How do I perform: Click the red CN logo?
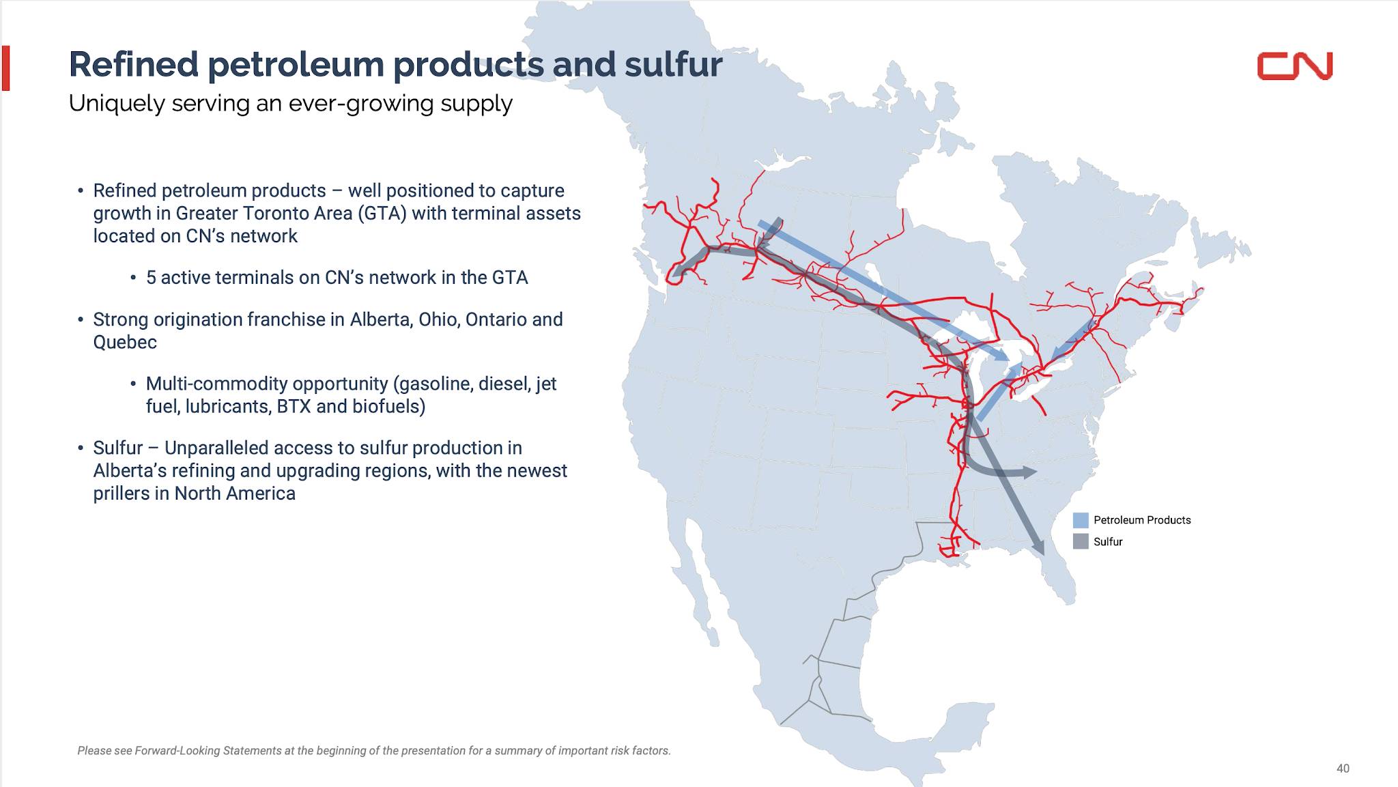pyautogui.click(x=1295, y=66)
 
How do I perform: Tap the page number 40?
pyautogui.click(x=1343, y=769)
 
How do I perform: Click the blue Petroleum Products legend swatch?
pyautogui.click(x=1081, y=520)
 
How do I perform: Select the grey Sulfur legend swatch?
pyautogui.click(x=1081, y=542)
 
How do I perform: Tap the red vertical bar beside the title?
pyautogui.click(x=6, y=68)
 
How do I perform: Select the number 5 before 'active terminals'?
pyautogui.click(x=151, y=278)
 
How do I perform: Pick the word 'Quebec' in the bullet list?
pyautogui.click(x=125, y=342)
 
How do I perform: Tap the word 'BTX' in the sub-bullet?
pyautogui.click(x=294, y=407)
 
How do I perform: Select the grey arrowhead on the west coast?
pyautogui.click(x=678, y=272)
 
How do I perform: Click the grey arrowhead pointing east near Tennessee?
pyautogui.click(x=1029, y=472)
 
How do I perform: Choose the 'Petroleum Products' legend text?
pyautogui.click(x=1142, y=520)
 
